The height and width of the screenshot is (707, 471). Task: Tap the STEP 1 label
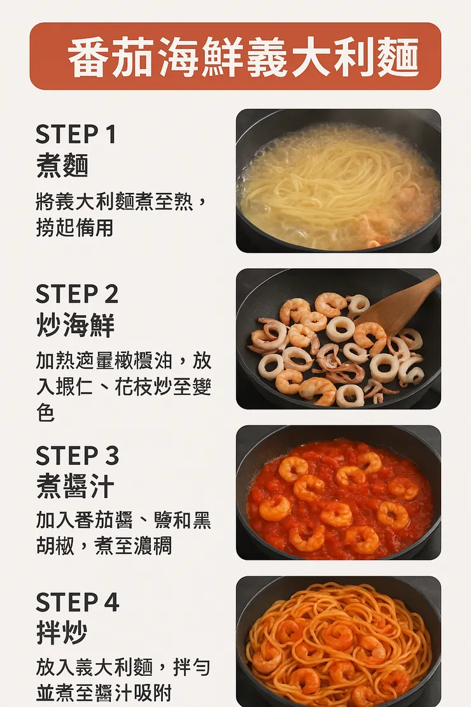[76, 134]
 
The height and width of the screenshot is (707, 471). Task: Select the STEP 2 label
[77, 294]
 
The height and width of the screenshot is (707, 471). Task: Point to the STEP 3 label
[78, 456]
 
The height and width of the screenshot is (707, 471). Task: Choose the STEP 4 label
[78, 603]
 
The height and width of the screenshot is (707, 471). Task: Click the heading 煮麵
[62, 166]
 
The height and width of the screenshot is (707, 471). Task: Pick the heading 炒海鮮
[75, 325]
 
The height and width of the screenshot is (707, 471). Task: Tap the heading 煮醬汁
[75, 487]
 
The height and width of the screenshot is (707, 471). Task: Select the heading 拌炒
[62, 634]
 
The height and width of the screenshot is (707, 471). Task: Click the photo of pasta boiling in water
[338, 181]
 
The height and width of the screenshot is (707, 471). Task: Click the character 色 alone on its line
[45, 413]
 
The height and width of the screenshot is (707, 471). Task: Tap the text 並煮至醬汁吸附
[104, 693]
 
